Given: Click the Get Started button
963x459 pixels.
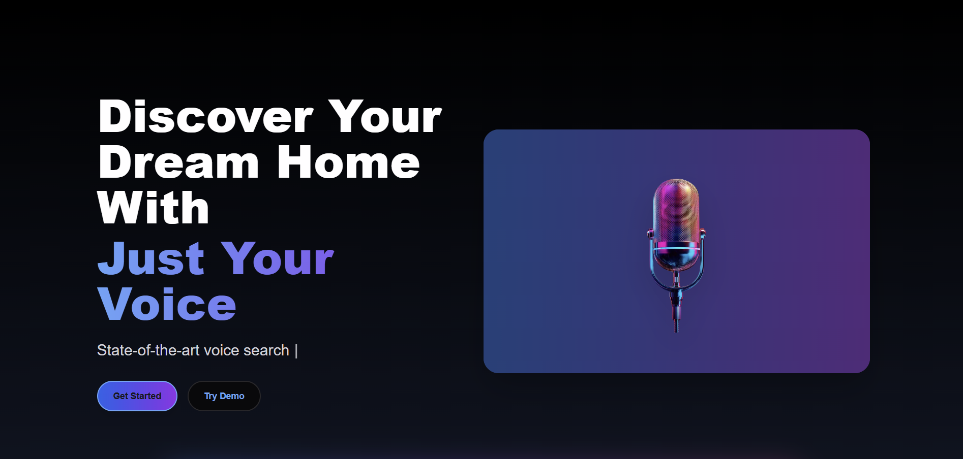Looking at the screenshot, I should [137, 396].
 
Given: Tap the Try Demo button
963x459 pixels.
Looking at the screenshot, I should [224, 396].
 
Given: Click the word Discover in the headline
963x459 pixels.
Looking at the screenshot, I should [205, 117].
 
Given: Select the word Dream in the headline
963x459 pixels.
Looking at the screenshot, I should [178, 163].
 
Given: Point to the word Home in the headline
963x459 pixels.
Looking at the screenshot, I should [348, 163].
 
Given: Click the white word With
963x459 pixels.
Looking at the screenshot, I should [153, 208].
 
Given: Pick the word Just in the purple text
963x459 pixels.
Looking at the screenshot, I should [151, 259].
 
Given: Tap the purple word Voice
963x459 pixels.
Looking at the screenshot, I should [167, 305].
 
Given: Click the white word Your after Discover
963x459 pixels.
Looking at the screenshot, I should [385, 117].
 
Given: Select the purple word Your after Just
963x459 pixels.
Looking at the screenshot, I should [278, 259].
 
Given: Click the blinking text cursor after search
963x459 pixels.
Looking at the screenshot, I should [296, 351].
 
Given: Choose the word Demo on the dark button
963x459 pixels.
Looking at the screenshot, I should [232, 396].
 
